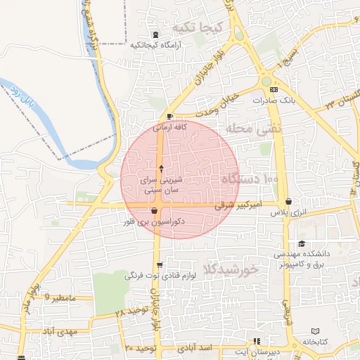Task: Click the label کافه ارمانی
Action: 170,127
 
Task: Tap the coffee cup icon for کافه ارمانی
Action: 170,116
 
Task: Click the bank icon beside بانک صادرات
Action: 274,90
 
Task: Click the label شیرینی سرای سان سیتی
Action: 162,185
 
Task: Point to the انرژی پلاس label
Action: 275,212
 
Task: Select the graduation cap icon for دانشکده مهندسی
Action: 302,243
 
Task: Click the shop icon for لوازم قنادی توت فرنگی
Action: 160,266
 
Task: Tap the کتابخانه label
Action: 315,342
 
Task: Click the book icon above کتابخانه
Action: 315,331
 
